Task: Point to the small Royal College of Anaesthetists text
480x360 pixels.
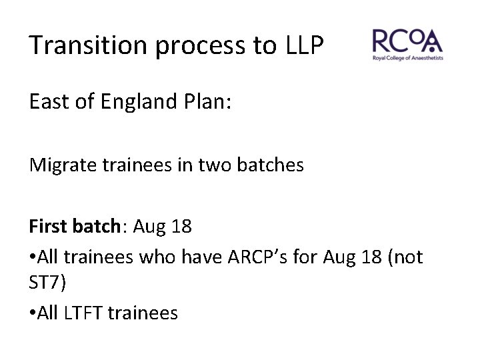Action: coord(407,59)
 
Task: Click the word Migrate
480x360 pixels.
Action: coord(58,165)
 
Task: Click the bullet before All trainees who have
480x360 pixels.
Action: coord(33,257)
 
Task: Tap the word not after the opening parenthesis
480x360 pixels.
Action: coord(407,257)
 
